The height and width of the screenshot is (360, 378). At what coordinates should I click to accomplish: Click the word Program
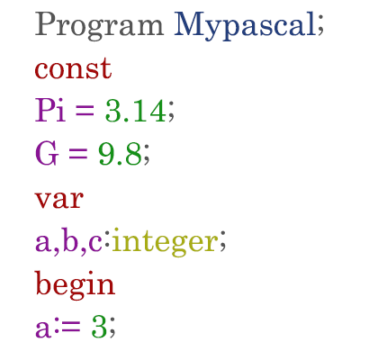99,26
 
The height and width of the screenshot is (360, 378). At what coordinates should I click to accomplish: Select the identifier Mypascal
245,26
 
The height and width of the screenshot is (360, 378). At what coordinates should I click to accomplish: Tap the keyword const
73,68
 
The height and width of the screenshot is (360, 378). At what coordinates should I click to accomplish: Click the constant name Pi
50,110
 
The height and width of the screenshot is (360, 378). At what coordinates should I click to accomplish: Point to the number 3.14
135,111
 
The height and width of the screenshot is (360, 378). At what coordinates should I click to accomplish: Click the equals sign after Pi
85,111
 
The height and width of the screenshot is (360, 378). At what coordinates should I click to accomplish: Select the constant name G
47,153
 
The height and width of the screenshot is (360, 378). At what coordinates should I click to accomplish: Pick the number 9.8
120,154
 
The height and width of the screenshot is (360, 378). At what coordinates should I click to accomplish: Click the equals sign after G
77,154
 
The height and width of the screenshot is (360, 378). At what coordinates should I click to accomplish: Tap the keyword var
59,199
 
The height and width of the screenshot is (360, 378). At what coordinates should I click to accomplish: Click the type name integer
165,241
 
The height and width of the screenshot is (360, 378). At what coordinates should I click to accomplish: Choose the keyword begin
75,284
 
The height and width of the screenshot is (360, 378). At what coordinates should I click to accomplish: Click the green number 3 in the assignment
99,327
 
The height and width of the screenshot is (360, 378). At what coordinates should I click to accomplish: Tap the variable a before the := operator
42,329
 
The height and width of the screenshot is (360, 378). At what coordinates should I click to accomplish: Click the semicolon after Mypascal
320,28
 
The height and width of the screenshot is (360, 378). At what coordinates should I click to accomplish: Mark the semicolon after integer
222,242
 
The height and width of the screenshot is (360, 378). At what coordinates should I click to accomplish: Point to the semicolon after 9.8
146,156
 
